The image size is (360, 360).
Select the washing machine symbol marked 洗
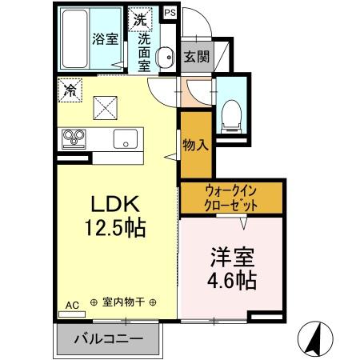(x=141, y=18)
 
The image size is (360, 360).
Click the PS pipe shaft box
(x=170, y=13)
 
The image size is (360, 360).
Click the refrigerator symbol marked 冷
(x=70, y=90)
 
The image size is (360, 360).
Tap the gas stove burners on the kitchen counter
(x=74, y=138)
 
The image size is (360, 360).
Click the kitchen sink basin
(x=125, y=138)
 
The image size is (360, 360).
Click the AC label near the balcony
(x=72, y=305)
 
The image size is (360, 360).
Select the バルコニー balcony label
(x=109, y=338)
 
